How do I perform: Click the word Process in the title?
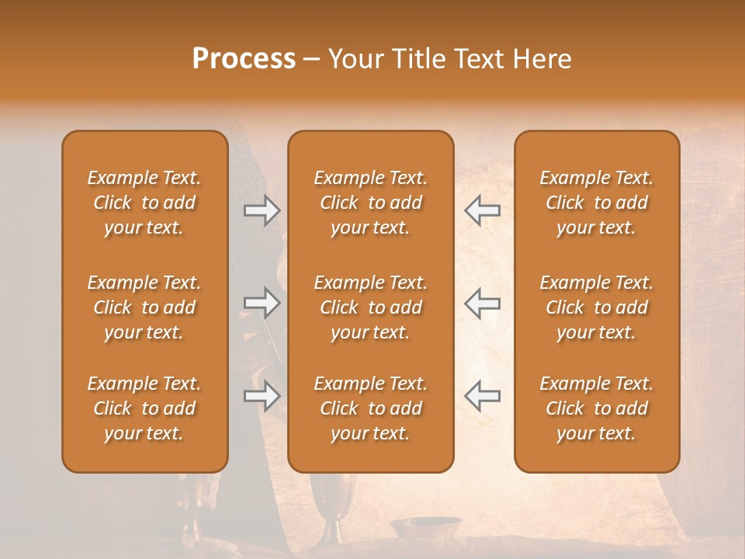tap(244, 59)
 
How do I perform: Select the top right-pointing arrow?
tap(262, 210)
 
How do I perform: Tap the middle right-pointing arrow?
tap(262, 303)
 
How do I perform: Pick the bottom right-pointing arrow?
tap(262, 396)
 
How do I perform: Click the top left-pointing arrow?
tap(482, 210)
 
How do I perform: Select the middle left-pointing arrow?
tap(482, 303)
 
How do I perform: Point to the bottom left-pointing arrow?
tap(482, 396)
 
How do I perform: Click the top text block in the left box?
tap(144, 203)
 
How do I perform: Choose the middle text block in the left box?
tap(144, 307)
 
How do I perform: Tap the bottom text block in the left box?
tap(144, 408)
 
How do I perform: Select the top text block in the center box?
tap(370, 203)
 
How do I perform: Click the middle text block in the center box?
tap(370, 307)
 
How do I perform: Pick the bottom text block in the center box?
tap(370, 408)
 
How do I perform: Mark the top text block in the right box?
tap(596, 203)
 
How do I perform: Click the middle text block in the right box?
tap(596, 307)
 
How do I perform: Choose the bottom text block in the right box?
tap(596, 408)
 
